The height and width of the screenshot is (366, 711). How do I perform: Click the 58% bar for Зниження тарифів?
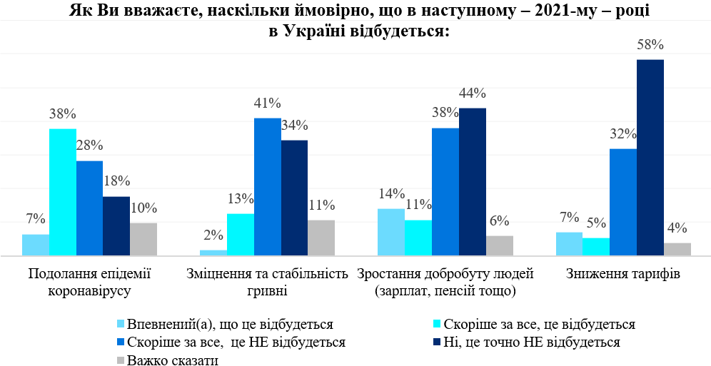coord(650,157)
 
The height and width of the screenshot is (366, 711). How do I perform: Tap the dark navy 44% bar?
coord(472,181)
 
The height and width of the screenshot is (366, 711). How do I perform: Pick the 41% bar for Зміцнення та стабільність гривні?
coord(267,186)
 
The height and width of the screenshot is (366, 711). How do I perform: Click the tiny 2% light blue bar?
coord(213,253)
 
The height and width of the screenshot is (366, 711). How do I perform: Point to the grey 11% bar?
coord(321,238)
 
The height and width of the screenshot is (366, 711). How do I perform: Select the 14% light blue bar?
coord(391,232)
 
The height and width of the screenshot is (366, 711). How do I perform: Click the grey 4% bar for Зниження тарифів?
coord(677,249)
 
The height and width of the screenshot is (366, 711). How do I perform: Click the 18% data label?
coord(116,182)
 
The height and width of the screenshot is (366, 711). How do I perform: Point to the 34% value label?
coord(294,126)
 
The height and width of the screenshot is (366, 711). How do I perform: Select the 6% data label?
coord(500,221)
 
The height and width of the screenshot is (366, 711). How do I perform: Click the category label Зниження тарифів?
coord(623,274)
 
